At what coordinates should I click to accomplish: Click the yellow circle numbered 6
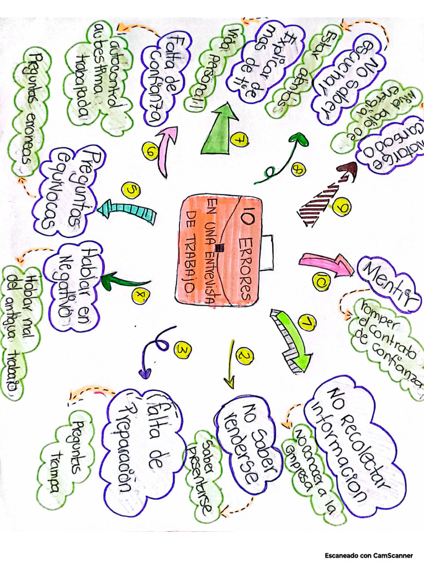click(150, 149)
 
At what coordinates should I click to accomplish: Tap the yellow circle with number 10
click(321, 282)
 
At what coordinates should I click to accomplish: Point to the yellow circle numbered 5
click(132, 191)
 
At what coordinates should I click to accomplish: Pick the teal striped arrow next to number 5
click(126, 211)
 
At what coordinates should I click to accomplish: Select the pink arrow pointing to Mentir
click(326, 263)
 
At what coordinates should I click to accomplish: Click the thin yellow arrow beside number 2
click(230, 365)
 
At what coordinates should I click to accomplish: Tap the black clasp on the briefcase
click(219, 247)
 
